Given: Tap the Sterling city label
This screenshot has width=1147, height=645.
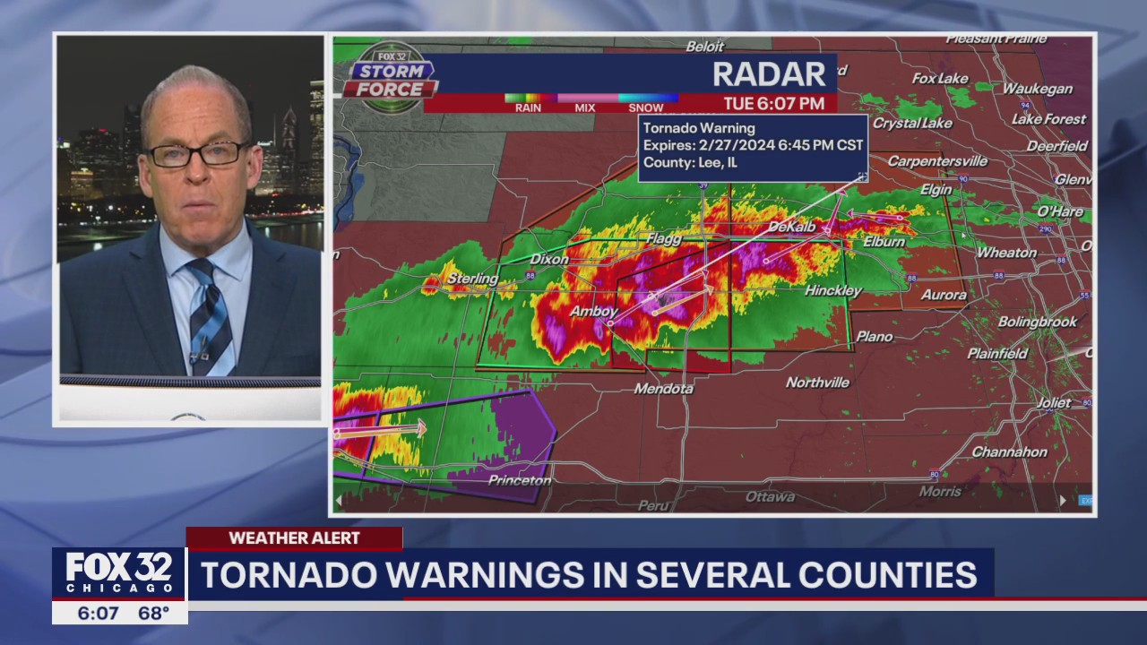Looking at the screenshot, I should pos(472,279).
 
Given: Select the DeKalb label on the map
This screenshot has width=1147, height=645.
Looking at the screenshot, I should pos(791,228).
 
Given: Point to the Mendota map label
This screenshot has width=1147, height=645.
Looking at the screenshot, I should pos(663,389).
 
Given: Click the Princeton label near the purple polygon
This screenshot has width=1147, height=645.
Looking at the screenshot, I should pos(519,480).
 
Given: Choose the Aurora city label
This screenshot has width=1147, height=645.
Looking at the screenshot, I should pos(944,295).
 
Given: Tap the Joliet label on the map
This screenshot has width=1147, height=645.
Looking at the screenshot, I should pos(1053,403).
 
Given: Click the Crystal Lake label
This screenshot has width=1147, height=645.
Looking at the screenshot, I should pos(912,123).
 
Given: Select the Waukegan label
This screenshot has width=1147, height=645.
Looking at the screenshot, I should pos(1037,89).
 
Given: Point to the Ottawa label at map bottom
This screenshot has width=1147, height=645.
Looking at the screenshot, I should pos(770,496).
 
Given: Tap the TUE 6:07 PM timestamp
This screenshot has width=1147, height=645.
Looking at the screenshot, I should pos(774,103).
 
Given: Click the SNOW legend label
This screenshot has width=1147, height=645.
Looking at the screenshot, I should pos(645,107).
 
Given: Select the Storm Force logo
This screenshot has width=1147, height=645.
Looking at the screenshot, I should pos(389,79).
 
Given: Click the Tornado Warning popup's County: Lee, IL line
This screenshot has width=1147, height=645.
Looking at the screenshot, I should pos(690,162).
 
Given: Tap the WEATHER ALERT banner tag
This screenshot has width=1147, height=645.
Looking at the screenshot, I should pos(294,538).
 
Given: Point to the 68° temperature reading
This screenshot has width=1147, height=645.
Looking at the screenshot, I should pos(154,614).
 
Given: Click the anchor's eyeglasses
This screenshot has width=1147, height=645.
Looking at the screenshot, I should pos(195,154).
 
